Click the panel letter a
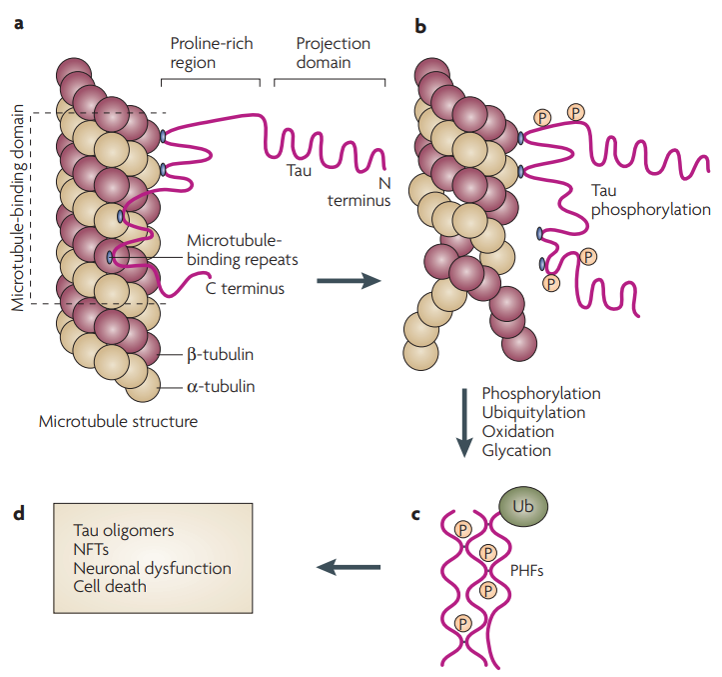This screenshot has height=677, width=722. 18,21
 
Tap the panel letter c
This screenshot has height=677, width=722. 416,517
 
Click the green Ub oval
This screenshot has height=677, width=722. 523,506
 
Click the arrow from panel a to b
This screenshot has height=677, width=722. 349,283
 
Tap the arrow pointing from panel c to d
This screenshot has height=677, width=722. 349,568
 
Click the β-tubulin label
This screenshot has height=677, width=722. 220,354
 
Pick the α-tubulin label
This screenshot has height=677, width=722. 220,386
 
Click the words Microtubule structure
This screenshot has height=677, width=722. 118,421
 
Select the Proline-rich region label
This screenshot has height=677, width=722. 207,53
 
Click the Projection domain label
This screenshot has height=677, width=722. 333,53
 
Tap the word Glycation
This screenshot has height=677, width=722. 516,450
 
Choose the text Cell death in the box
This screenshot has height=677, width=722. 110,586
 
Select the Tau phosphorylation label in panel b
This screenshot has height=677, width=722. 650,200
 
